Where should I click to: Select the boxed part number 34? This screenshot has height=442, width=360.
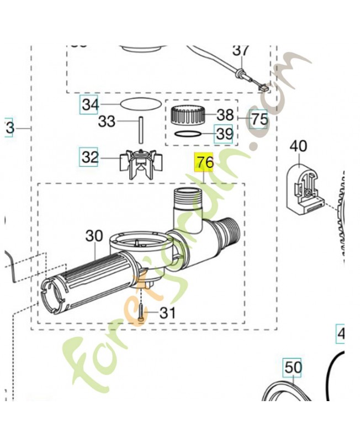(90, 104)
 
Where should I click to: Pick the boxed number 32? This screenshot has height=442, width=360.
(90, 157)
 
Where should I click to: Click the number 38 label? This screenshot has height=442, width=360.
(225, 115)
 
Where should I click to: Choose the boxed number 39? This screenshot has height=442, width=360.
(224, 133)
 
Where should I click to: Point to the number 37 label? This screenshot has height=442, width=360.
(241, 50)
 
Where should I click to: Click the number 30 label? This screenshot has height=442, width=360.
(94, 236)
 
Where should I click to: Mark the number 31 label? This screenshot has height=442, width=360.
(167, 313)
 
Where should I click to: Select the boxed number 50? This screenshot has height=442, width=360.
(293, 366)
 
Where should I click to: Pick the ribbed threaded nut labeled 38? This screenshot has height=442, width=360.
(188, 115)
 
